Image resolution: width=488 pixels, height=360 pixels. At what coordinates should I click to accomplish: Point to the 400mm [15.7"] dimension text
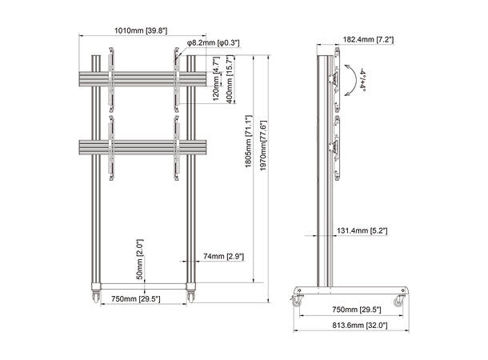(x=230, y=76)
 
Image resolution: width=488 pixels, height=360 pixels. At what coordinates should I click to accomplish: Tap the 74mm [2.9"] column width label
(x=223, y=256)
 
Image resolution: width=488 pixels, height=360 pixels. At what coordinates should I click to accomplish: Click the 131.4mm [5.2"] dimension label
(x=368, y=231)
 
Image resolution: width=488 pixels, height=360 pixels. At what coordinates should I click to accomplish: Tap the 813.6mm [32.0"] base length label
(x=353, y=325)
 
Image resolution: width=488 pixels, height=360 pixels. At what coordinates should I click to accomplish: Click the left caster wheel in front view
(x=95, y=298)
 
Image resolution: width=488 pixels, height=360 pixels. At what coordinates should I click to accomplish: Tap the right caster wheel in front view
(x=191, y=298)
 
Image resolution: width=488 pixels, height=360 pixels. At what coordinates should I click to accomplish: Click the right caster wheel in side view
(x=398, y=301)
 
